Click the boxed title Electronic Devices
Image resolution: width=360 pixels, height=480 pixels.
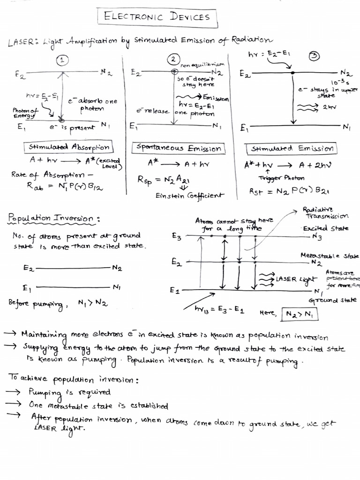157,17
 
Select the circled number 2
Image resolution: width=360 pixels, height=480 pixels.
173,60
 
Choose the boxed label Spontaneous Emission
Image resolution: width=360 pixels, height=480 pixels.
178,149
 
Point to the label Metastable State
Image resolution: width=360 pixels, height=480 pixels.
330,255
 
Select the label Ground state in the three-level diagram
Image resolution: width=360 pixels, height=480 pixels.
332,300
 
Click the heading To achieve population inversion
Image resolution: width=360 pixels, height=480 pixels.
73,378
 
